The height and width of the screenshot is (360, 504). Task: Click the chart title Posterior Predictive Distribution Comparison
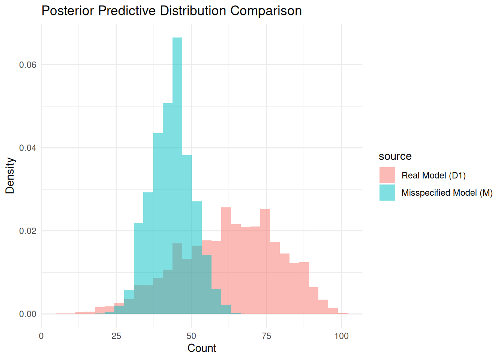coord(171,10)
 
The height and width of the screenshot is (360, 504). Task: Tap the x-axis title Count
coord(202,348)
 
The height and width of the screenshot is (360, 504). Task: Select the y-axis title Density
coord(10,175)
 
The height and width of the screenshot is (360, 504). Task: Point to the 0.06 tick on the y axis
coord(28,65)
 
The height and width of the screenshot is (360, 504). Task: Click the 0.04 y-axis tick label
coord(28,148)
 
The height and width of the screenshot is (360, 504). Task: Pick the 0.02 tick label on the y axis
coord(28,231)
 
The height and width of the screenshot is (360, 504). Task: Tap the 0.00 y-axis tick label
coord(28,314)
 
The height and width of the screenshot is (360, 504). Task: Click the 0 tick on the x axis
coord(41,336)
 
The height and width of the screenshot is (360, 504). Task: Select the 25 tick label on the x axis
coord(116,336)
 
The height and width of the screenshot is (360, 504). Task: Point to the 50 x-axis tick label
coord(191,336)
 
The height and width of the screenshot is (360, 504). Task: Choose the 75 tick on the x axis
coord(266,336)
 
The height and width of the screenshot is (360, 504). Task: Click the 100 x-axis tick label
coord(341,336)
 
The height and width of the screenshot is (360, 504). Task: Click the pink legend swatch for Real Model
coord(387,175)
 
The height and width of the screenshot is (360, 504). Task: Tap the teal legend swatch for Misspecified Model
coord(387,192)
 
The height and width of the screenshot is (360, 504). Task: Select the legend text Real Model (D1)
coord(433,175)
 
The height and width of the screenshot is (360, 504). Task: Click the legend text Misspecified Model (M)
coord(447,193)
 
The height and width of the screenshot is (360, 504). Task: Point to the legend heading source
coord(395,156)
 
